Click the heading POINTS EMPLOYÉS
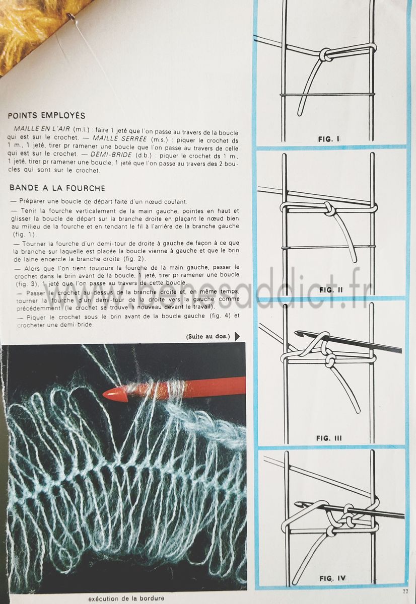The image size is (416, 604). pyautogui.click(x=46, y=115)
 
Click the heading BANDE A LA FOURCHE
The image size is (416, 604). pyautogui.click(x=57, y=188)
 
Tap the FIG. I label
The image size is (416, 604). pyautogui.click(x=329, y=139)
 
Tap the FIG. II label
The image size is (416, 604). pyautogui.click(x=331, y=290)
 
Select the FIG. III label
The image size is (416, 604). pyautogui.click(x=329, y=438)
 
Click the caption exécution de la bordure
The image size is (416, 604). pyautogui.click(x=126, y=598)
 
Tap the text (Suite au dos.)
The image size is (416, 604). pyautogui.click(x=208, y=336)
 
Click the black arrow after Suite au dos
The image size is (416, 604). pyautogui.click(x=237, y=336)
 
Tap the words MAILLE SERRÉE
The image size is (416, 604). pyautogui.click(x=119, y=139)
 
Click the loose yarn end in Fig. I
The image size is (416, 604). pyautogui.click(x=300, y=113)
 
